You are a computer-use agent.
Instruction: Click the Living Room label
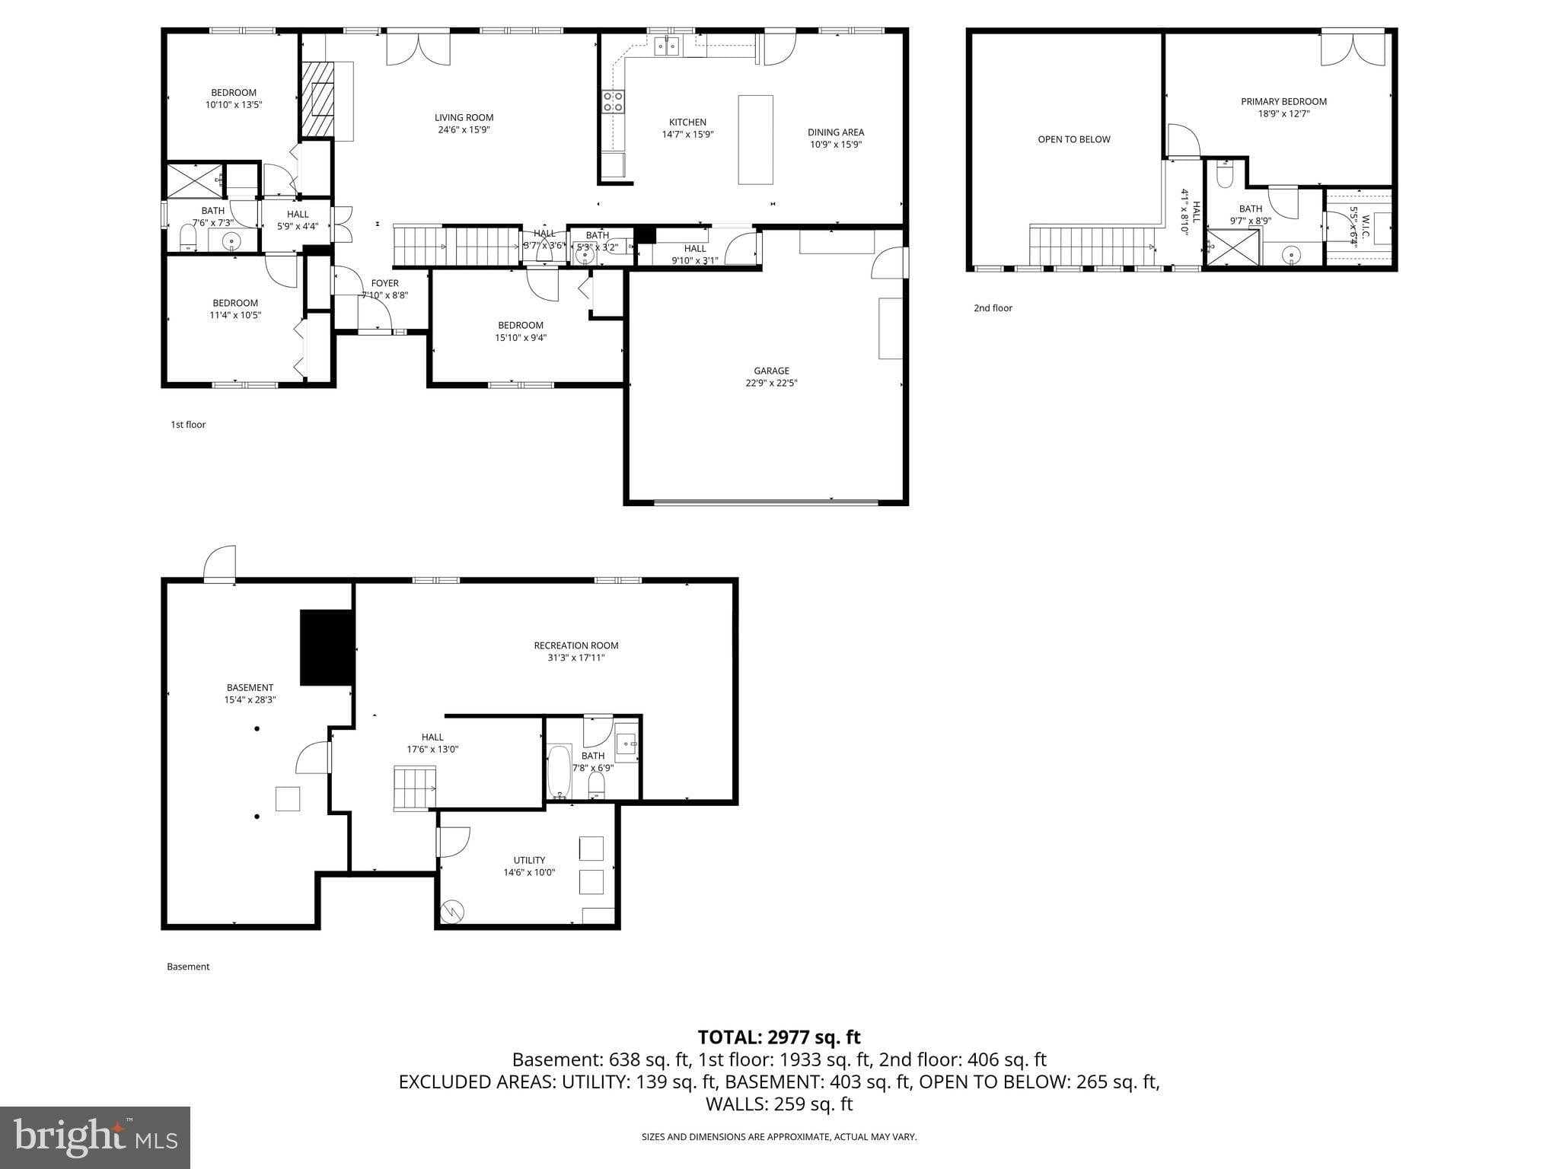pyautogui.click(x=464, y=117)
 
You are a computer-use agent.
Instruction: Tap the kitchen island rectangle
pyautogui.click(x=755, y=139)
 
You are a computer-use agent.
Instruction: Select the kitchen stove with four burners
pyautogui.click(x=613, y=101)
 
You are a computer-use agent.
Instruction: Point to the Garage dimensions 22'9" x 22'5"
pyautogui.click(x=771, y=383)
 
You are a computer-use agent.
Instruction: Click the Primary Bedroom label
pyautogui.click(x=1283, y=101)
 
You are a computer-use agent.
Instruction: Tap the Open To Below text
pyautogui.click(x=1073, y=139)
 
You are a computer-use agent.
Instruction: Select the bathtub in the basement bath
pyautogui.click(x=559, y=771)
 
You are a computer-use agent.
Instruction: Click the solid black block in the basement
pyautogui.click(x=327, y=647)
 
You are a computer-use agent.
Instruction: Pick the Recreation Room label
pyautogui.click(x=575, y=645)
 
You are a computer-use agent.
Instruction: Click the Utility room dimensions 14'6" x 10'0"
pyautogui.click(x=529, y=872)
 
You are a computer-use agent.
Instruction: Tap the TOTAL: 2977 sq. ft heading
pyautogui.click(x=779, y=1037)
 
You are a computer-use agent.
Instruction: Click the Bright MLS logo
pyautogui.click(x=95, y=1138)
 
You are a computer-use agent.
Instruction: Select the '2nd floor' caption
pyautogui.click(x=993, y=308)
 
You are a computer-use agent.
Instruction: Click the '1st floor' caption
pyautogui.click(x=188, y=425)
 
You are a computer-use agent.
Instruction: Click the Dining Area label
pyautogui.click(x=836, y=132)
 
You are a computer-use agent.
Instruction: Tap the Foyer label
pyautogui.click(x=384, y=283)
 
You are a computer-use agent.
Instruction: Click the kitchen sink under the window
pyautogui.click(x=668, y=47)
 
